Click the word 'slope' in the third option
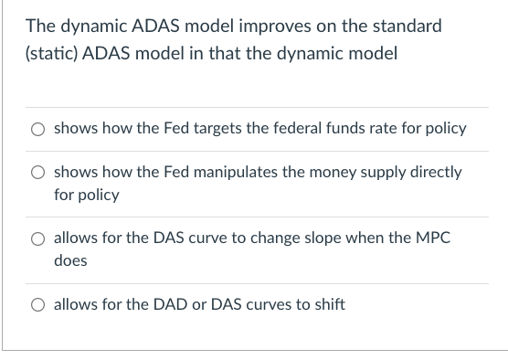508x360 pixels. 315,238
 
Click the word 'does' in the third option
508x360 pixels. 70,260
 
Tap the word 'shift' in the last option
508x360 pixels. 327,304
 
